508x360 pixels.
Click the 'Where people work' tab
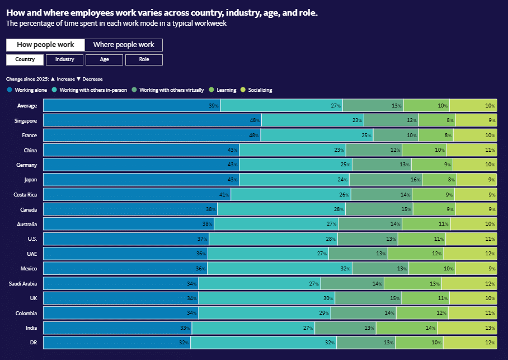point(123,45)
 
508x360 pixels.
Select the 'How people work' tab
point(45,45)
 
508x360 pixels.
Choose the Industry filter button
point(65,59)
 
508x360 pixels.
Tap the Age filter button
point(105,59)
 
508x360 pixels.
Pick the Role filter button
point(144,59)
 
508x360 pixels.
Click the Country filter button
point(25,59)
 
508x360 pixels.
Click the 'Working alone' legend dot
point(10,90)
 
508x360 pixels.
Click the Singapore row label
point(26,120)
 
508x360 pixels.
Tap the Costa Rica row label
point(25,194)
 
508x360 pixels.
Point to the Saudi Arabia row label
point(23,283)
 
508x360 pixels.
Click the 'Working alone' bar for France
point(152,135)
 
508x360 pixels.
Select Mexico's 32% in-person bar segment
point(280,269)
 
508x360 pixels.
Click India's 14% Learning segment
point(407,328)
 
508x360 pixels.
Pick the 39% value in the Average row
point(213,106)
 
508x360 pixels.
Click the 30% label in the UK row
point(328,298)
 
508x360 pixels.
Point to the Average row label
point(27,106)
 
